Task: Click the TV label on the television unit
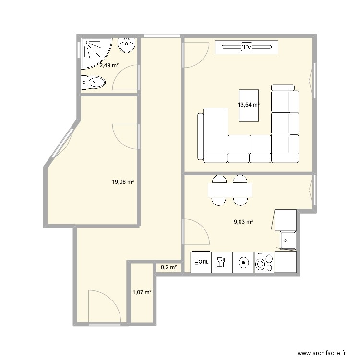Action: [x=247, y=47]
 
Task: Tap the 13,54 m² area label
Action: [x=248, y=104]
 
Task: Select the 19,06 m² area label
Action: [x=122, y=182]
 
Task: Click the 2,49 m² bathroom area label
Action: [x=109, y=65]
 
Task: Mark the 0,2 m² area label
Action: [x=168, y=268]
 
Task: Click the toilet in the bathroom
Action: [x=94, y=84]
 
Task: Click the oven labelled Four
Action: [x=201, y=263]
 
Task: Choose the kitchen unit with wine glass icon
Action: [x=221, y=263]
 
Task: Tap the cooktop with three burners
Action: [x=264, y=263]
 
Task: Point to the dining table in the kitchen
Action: [x=230, y=191]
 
